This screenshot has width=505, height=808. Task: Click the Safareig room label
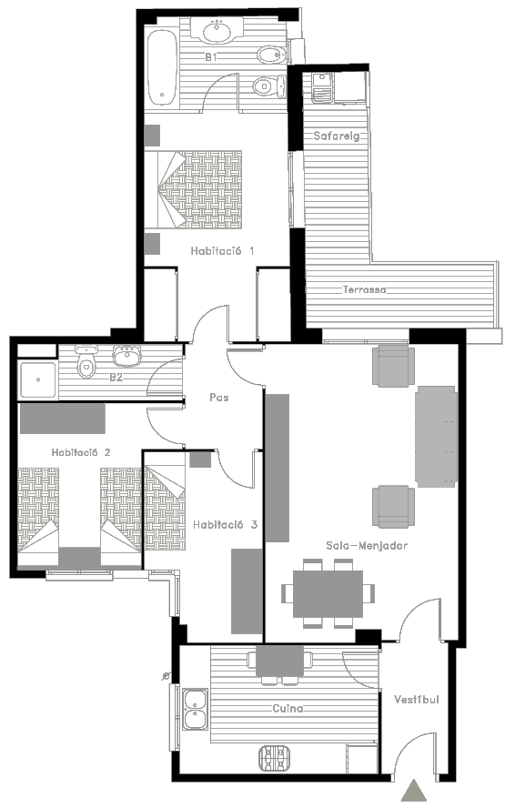(337, 136)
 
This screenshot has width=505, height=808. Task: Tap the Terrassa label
(364, 289)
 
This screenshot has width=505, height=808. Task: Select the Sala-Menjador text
(367, 545)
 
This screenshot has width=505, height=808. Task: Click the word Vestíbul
(417, 700)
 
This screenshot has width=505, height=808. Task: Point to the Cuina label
(288, 709)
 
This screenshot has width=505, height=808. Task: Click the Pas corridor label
(219, 398)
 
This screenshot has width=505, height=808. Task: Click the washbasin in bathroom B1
(217, 30)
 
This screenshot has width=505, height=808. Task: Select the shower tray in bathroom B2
(38, 380)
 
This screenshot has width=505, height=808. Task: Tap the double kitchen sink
(195, 709)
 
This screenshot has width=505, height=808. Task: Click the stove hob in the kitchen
(274, 758)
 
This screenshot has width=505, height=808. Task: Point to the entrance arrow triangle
(414, 791)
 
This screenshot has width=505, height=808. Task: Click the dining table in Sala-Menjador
(328, 593)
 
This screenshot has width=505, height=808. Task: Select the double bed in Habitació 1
(193, 189)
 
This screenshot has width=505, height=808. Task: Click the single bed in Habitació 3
(165, 508)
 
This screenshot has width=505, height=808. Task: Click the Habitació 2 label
(81, 452)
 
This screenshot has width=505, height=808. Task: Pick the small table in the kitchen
(280, 661)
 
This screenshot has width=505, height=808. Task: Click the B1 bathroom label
(211, 57)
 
